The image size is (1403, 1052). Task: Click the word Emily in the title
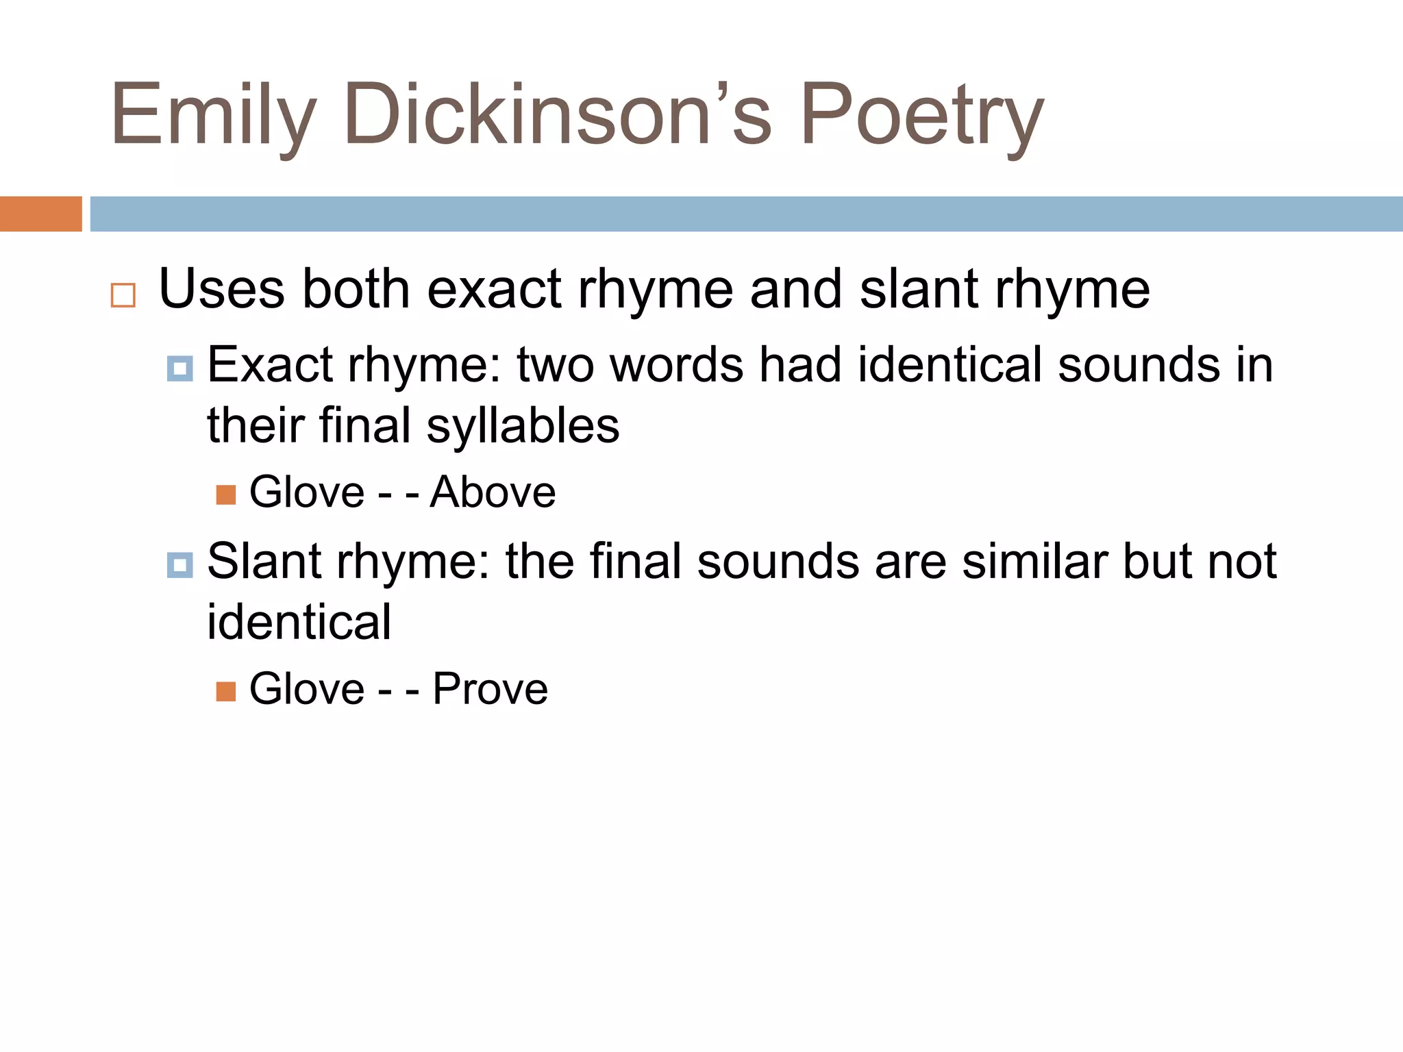click(213, 115)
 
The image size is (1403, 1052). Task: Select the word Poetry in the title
click(921, 115)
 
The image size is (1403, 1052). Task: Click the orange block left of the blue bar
click(40, 214)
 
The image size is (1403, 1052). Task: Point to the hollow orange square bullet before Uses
click(123, 295)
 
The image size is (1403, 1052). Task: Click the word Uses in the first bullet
click(221, 289)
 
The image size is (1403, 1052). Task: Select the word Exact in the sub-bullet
click(270, 364)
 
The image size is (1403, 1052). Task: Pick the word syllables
click(523, 426)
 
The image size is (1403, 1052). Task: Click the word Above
click(493, 492)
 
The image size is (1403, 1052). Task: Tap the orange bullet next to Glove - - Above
click(226, 494)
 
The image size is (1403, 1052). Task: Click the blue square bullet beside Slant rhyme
click(179, 565)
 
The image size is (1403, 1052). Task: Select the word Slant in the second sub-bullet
click(264, 562)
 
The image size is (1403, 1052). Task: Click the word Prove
click(490, 688)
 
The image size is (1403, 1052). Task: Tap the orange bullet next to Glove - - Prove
click(226, 691)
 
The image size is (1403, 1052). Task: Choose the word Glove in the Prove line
click(307, 688)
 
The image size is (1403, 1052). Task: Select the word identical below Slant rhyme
click(299, 622)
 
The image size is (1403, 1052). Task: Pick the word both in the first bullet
click(356, 289)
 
